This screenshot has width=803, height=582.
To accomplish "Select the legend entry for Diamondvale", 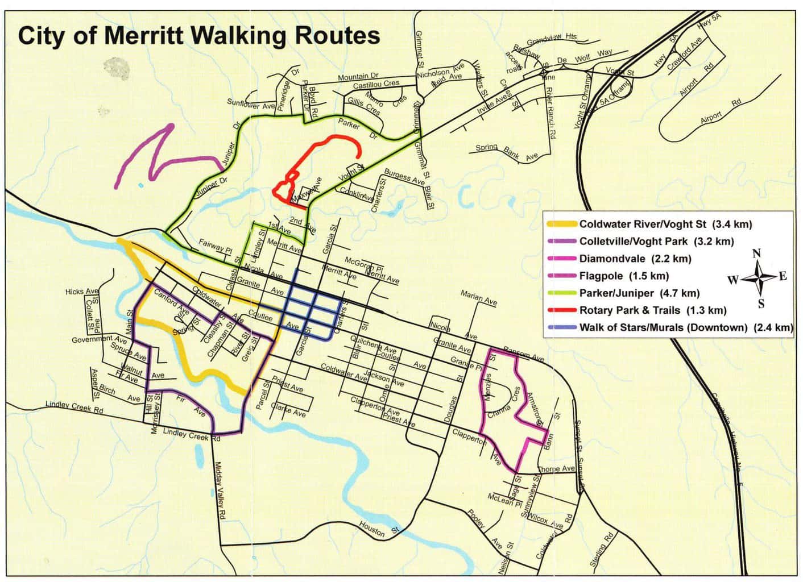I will click(x=635, y=259).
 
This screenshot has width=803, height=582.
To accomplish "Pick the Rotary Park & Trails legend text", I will click(x=653, y=310).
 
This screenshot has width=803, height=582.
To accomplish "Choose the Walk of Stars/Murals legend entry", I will click(x=685, y=327).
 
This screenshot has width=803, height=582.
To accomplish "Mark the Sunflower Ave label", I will click(x=251, y=105).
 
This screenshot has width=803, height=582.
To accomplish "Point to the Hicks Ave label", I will click(x=82, y=292).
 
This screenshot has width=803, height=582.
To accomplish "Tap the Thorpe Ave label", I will click(x=556, y=469).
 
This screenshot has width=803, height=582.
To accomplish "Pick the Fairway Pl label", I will click(x=216, y=246).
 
